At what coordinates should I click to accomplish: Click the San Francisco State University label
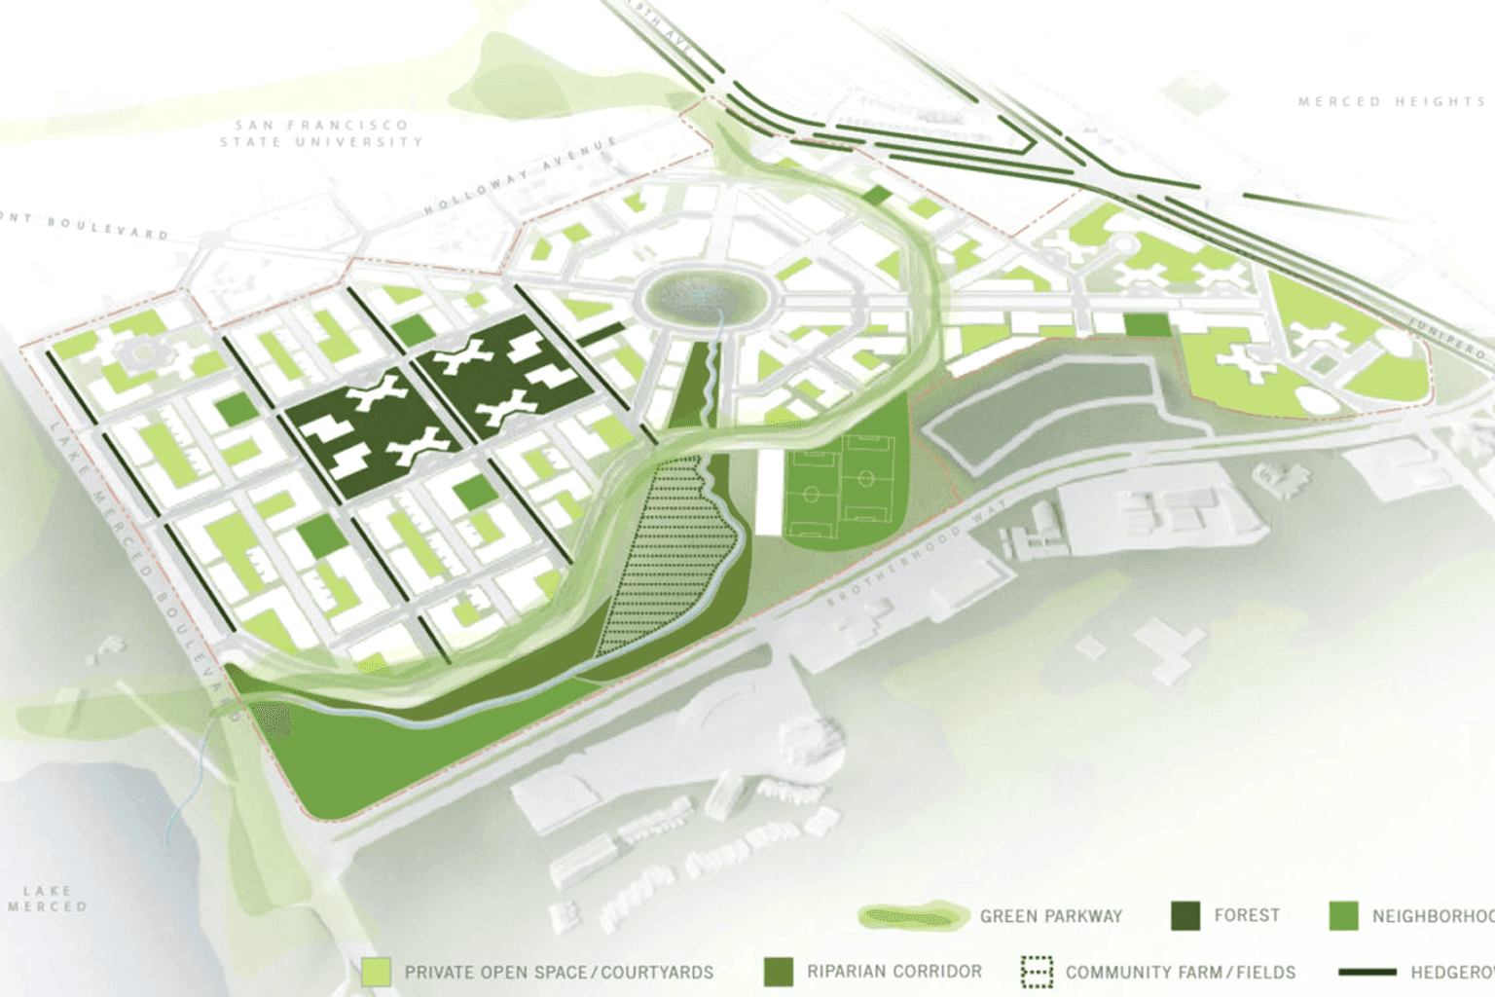click(x=321, y=133)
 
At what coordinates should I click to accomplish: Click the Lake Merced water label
click(x=47, y=899)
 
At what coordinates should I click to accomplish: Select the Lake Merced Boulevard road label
click(x=146, y=556)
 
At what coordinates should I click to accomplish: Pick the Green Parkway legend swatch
click(x=913, y=916)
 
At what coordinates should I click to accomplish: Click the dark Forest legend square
click(x=1185, y=916)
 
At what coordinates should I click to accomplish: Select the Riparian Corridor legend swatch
click(x=779, y=972)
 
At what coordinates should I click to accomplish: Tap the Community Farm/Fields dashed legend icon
click(x=1037, y=972)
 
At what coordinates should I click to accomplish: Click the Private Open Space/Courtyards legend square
click(x=376, y=972)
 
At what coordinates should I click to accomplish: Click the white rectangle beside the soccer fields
click(x=769, y=492)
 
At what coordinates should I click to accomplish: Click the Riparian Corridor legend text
click(x=894, y=972)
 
